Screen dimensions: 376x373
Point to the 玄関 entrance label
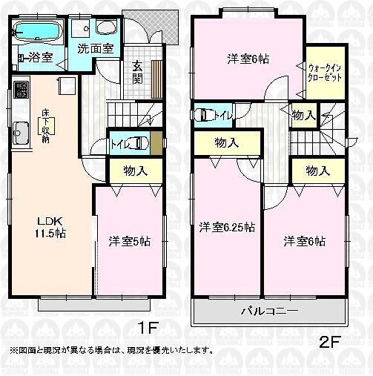[x=138, y=71]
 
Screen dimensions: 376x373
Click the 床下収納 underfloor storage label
[x=45, y=125]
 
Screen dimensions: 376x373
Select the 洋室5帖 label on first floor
[x=130, y=241]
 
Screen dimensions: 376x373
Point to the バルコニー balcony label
[x=270, y=311]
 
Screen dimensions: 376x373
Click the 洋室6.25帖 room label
[x=228, y=228]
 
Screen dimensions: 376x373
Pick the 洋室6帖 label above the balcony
[x=306, y=241]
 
